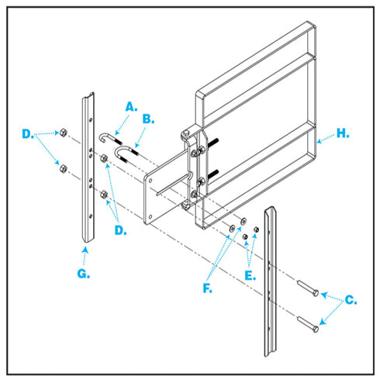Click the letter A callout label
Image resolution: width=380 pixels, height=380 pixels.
[131, 107]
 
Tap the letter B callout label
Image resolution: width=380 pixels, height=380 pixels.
[148, 119]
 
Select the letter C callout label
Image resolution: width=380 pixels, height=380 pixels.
[351, 300]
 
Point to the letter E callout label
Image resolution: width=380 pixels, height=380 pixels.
[250, 275]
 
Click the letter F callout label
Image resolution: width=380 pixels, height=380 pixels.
[207, 288]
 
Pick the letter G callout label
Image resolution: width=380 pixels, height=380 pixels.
[84, 274]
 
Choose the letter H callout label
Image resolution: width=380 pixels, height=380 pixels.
[343, 133]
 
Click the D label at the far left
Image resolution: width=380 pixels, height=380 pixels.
[28, 134]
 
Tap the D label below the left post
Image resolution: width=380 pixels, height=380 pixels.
[120, 230]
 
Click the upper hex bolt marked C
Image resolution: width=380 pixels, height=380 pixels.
[308, 288]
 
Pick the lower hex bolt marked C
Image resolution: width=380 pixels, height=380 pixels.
[308, 324]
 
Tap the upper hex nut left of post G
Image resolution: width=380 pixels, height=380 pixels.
[63, 133]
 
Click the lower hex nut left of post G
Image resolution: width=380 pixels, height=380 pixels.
[63, 169]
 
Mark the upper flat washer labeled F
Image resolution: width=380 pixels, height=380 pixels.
[244, 221]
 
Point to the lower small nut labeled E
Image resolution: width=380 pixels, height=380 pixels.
[245, 237]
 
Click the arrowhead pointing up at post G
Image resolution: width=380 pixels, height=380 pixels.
[85, 250]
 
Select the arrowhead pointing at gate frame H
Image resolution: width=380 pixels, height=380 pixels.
[320, 141]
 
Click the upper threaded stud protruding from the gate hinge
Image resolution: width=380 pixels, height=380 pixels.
[212, 143]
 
